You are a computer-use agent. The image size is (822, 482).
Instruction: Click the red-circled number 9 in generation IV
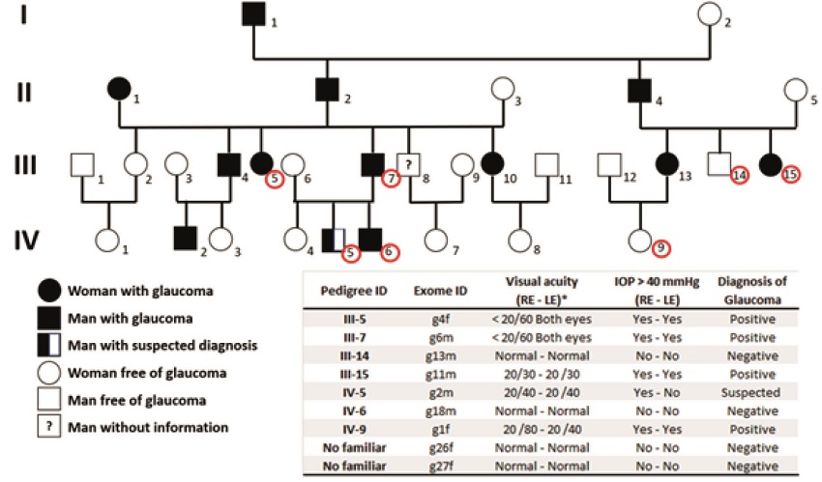(x=660, y=247)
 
